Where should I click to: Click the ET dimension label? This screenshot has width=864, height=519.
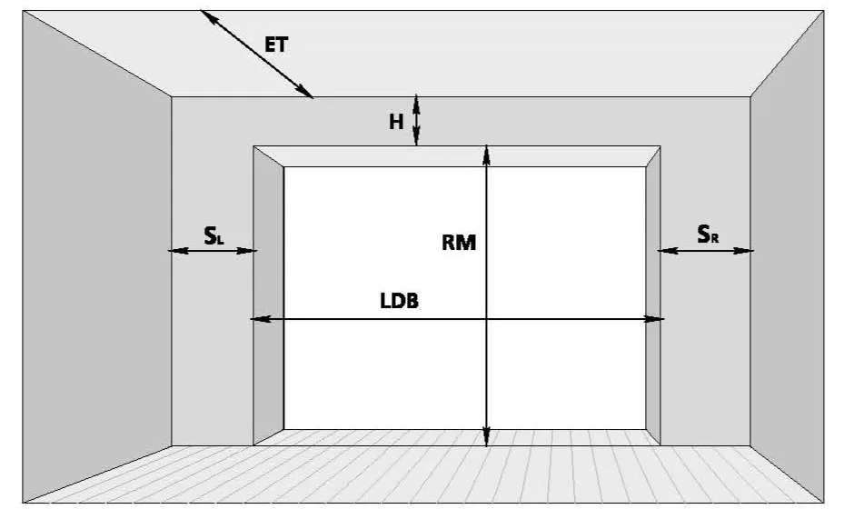point(276,45)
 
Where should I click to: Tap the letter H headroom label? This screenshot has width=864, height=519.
point(396,122)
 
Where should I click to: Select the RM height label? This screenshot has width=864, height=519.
point(459,243)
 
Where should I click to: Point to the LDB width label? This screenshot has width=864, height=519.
point(400,301)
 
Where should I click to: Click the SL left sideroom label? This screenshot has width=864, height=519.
point(214,235)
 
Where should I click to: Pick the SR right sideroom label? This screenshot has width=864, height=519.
point(708,235)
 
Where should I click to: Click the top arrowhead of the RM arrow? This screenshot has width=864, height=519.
point(486,155)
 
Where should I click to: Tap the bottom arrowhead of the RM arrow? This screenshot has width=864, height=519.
point(486,436)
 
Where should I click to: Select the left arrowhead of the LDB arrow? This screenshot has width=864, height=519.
point(261,319)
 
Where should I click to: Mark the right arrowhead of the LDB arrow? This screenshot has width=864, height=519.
point(654,319)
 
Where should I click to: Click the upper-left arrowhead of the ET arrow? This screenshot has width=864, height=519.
point(208,16)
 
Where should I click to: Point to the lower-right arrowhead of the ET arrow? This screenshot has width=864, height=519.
point(304,92)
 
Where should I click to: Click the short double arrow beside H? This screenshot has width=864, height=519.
point(417,120)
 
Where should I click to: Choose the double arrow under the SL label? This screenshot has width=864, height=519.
point(213,251)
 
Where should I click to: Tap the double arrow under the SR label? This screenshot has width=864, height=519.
point(705,251)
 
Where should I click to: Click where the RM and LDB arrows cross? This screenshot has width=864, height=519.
point(486,319)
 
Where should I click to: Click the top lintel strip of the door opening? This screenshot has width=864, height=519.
point(457,156)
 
